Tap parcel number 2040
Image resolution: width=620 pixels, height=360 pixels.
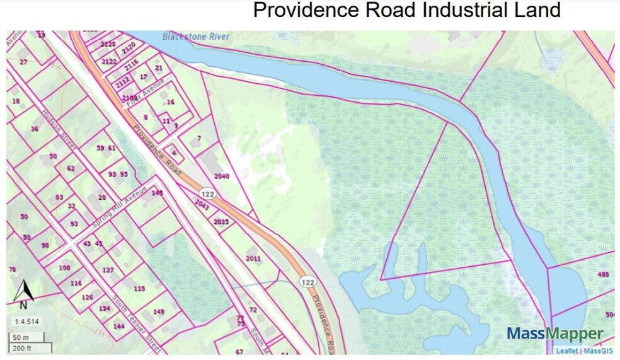(222, 176)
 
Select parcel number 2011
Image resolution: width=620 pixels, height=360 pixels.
(253, 258)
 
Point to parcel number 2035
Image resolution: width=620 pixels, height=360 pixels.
(221, 222)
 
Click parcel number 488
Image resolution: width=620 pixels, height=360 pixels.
(603, 274)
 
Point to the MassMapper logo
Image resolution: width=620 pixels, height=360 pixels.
(554, 334)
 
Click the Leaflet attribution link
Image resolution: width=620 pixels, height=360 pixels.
(566, 351)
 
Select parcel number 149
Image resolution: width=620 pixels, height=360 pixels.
(159, 311)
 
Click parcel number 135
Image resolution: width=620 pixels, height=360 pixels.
(139, 288)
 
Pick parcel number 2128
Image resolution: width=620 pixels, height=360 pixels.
(108, 44)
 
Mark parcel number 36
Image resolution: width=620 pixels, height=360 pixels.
(35, 129)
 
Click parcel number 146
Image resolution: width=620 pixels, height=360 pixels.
(157, 192)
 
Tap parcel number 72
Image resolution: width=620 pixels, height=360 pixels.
(253, 310)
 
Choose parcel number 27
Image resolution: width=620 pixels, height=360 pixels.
(23, 62)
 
